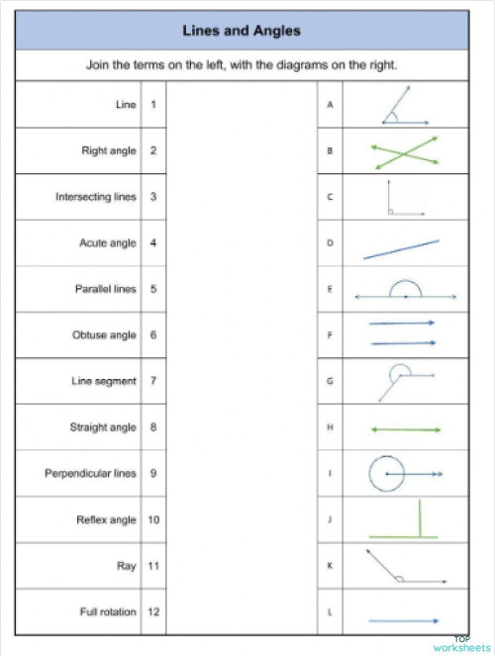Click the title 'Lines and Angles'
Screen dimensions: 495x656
tap(242, 32)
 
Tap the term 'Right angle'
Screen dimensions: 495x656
tap(109, 151)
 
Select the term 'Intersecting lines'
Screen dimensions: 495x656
tap(96, 197)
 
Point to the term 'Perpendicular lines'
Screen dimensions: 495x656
tap(90, 473)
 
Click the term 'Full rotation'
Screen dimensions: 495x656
tap(108, 612)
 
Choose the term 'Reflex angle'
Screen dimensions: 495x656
tap(107, 519)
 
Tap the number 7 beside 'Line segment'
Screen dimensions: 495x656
tap(153, 381)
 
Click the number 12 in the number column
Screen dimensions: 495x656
tap(153, 612)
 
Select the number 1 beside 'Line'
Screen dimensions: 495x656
tap(153, 104)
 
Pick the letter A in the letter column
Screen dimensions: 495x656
tap(330, 104)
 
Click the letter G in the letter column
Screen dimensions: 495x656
tap(330, 381)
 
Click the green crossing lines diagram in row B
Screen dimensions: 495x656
tap(405, 151)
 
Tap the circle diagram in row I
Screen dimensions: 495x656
tap(386, 474)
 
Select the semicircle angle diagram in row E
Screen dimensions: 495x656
tap(405, 292)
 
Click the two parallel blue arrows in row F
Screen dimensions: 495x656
tap(403, 333)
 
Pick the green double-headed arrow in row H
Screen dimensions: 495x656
tap(405, 429)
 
